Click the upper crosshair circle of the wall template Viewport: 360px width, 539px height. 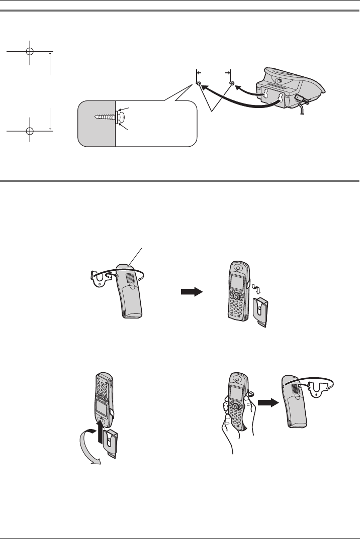(30, 51)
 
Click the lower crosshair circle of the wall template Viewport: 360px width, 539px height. (30, 130)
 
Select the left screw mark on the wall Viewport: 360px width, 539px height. (199, 83)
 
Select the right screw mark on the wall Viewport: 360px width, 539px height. (231, 83)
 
